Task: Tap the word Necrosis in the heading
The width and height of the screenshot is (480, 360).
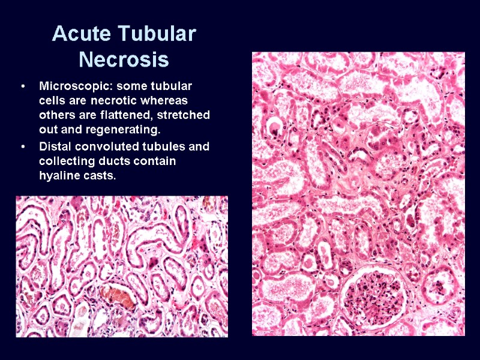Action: click(124, 60)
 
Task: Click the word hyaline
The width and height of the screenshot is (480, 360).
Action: click(58, 175)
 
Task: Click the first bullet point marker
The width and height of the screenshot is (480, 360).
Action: click(22, 87)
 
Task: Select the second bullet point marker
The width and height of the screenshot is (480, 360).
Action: click(22, 147)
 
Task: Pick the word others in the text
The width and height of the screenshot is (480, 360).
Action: click(55, 115)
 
